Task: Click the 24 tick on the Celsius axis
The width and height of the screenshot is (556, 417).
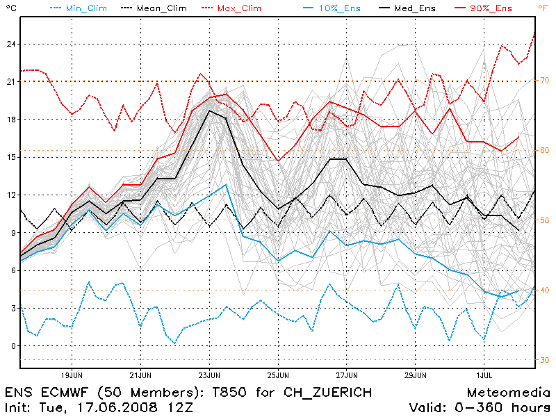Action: pyautogui.click(x=11, y=44)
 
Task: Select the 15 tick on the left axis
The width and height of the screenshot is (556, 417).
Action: pyautogui.click(x=11, y=157)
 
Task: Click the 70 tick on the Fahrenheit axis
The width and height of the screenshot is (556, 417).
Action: pyautogui.click(x=543, y=80)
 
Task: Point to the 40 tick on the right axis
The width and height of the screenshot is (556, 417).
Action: pyautogui.click(x=543, y=290)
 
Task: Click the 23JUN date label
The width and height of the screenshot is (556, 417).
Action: pyautogui.click(x=209, y=374)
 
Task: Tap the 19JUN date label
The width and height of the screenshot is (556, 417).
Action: pyautogui.click(x=72, y=374)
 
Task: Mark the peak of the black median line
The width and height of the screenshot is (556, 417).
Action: pyautogui.click(x=209, y=111)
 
